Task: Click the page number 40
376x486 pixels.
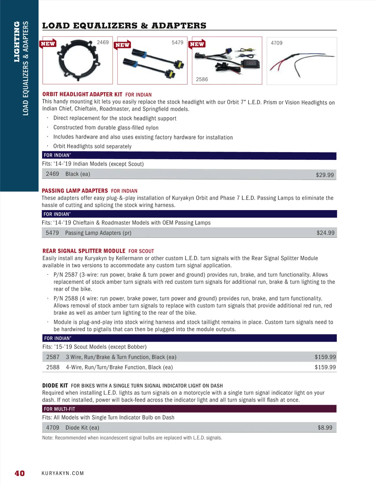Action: click(20, 473)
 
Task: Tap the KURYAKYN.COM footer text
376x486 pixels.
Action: click(63, 473)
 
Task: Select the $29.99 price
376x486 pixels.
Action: click(325, 175)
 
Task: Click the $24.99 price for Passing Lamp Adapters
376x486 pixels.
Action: click(325, 233)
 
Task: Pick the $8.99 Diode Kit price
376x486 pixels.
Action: click(325, 428)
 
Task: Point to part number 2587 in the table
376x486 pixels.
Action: click(53, 357)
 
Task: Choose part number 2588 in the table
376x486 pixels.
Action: click(53, 367)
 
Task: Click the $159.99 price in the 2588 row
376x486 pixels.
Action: click(325, 367)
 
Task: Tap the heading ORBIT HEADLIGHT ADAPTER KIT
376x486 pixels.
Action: click(82, 94)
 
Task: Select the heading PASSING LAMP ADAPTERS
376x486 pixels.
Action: click(75, 191)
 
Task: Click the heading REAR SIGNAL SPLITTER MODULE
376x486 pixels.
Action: click(84, 251)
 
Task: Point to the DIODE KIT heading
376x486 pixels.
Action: click(55, 386)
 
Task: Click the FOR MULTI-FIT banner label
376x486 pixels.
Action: click(60, 409)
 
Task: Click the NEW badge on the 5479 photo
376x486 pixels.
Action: click(123, 45)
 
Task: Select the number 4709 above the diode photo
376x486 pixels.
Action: click(276, 43)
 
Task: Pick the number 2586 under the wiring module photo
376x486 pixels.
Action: click(202, 79)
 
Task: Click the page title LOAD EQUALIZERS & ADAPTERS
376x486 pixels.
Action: click(124, 26)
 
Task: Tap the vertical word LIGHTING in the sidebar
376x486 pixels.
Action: click(17, 42)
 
